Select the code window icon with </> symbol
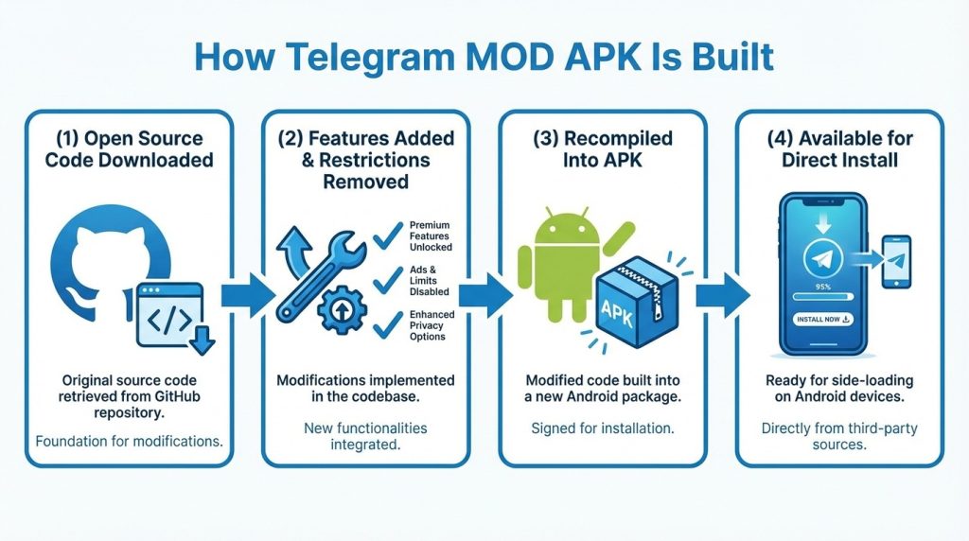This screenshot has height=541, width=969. tap(170, 315)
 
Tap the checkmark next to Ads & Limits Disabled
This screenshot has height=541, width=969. tap(388, 279)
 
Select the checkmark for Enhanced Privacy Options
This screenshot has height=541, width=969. tap(388, 324)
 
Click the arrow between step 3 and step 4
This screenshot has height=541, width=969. tap(720, 295)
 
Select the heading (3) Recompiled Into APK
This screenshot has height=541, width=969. tap(603, 149)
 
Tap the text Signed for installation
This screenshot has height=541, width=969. tap(603, 428)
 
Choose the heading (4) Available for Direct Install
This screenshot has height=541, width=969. tap(839, 149)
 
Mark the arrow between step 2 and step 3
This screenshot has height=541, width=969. tap(482, 295)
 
